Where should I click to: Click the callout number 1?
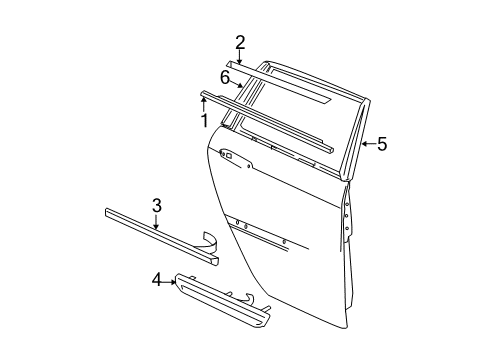204,121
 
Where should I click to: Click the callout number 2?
240,41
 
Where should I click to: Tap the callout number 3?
156,206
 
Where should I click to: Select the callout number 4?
155,281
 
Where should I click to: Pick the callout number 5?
381,144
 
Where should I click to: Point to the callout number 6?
226,77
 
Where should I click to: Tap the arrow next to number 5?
365,145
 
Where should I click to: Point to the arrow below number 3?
156,224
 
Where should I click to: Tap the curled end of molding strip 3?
212,266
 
